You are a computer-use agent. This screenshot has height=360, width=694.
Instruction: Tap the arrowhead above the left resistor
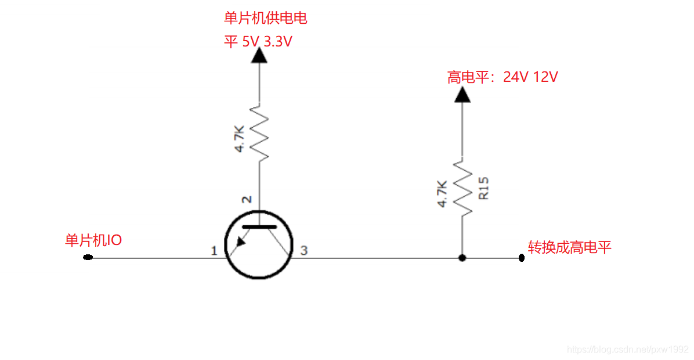(259, 55)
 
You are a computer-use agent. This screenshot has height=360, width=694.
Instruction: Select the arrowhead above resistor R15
(462, 94)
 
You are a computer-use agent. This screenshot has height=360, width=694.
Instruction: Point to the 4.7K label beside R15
(442, 193)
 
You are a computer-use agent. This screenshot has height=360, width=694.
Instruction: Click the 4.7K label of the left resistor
(240, 139)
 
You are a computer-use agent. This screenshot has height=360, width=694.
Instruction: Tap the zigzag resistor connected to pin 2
(259, 133)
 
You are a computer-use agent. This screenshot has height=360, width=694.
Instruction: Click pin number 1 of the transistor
(214, 251)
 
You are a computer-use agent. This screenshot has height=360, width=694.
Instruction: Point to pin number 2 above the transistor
(247, 200)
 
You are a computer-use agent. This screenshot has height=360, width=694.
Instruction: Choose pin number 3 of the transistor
(303, 251)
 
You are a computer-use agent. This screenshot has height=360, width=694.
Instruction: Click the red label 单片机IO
(93, 240)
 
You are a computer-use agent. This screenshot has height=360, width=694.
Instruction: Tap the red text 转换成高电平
(569, 248)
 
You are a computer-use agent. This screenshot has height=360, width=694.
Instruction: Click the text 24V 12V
(530, 77)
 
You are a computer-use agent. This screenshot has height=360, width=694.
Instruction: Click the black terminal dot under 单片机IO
(88, 257)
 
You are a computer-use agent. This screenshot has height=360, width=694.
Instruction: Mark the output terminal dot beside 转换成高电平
(522, 258)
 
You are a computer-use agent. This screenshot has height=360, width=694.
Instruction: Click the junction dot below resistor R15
(462, 258)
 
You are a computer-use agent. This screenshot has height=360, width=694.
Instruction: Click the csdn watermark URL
(627, 350)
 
